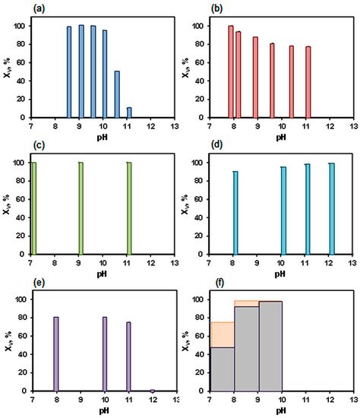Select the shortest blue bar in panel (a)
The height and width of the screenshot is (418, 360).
pos(129,112)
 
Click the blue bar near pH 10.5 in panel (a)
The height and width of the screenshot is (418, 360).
pos(117,94)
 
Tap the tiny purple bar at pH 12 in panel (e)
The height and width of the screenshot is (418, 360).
pos(152,390)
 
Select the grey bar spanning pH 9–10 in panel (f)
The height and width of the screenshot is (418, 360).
pos(270,346)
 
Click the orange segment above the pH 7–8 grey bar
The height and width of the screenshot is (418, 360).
pos(222,334)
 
